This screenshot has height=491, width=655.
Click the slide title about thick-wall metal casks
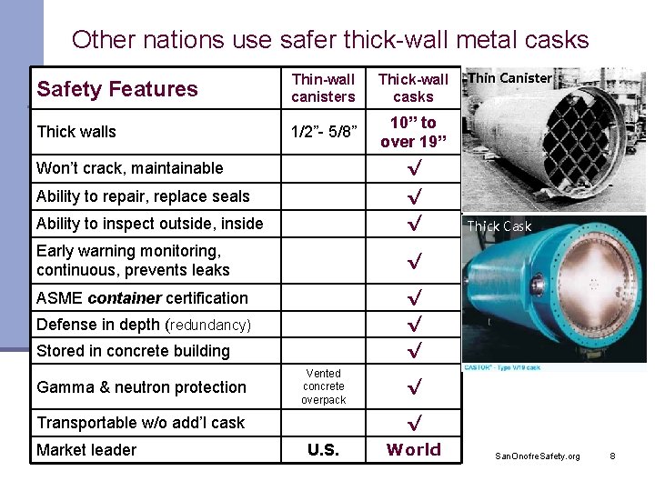click(330, 40)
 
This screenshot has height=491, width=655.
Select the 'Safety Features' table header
click(117, 89)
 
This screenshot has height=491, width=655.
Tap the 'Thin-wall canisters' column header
click(323, 88)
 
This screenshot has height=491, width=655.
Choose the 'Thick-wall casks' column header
click(413, 88)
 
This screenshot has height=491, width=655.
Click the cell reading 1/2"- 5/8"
click(323, 132)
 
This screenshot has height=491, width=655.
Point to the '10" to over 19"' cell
click(413, 132)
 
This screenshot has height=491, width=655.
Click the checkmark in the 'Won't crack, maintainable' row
click(414, 168)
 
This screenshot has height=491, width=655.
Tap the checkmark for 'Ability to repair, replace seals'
click(414, 195)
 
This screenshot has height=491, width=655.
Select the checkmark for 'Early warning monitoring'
click(414, 261)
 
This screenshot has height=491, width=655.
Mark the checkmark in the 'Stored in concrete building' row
click(414, 350)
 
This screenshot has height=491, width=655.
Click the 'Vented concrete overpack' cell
click(324, 386)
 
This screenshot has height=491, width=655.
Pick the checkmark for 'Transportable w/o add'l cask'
click(414, 423)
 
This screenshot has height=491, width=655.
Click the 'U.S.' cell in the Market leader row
click(323, 450)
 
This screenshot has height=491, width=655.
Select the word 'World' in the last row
click(414, 449)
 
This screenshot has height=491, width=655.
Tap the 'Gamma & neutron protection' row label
click(141, 387)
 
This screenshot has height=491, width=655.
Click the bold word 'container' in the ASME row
click(124, 298)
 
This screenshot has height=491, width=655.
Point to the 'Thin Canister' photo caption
click(509, 78)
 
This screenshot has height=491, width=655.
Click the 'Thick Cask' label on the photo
click(499, 226)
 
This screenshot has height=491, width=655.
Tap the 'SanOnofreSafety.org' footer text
click(537, 455)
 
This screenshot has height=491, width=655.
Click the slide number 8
click(612, 455)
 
